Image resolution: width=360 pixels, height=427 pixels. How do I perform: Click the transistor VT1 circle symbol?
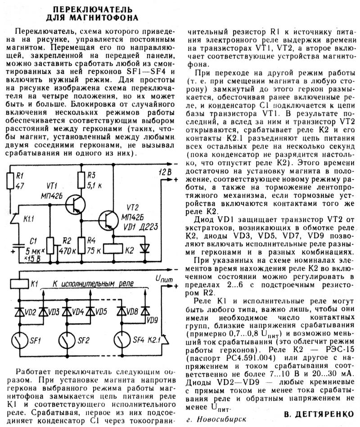pyautogui.click(x=75, y=204)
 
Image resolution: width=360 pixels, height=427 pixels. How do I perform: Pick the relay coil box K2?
pyautogui.click(x=113, y=249)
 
